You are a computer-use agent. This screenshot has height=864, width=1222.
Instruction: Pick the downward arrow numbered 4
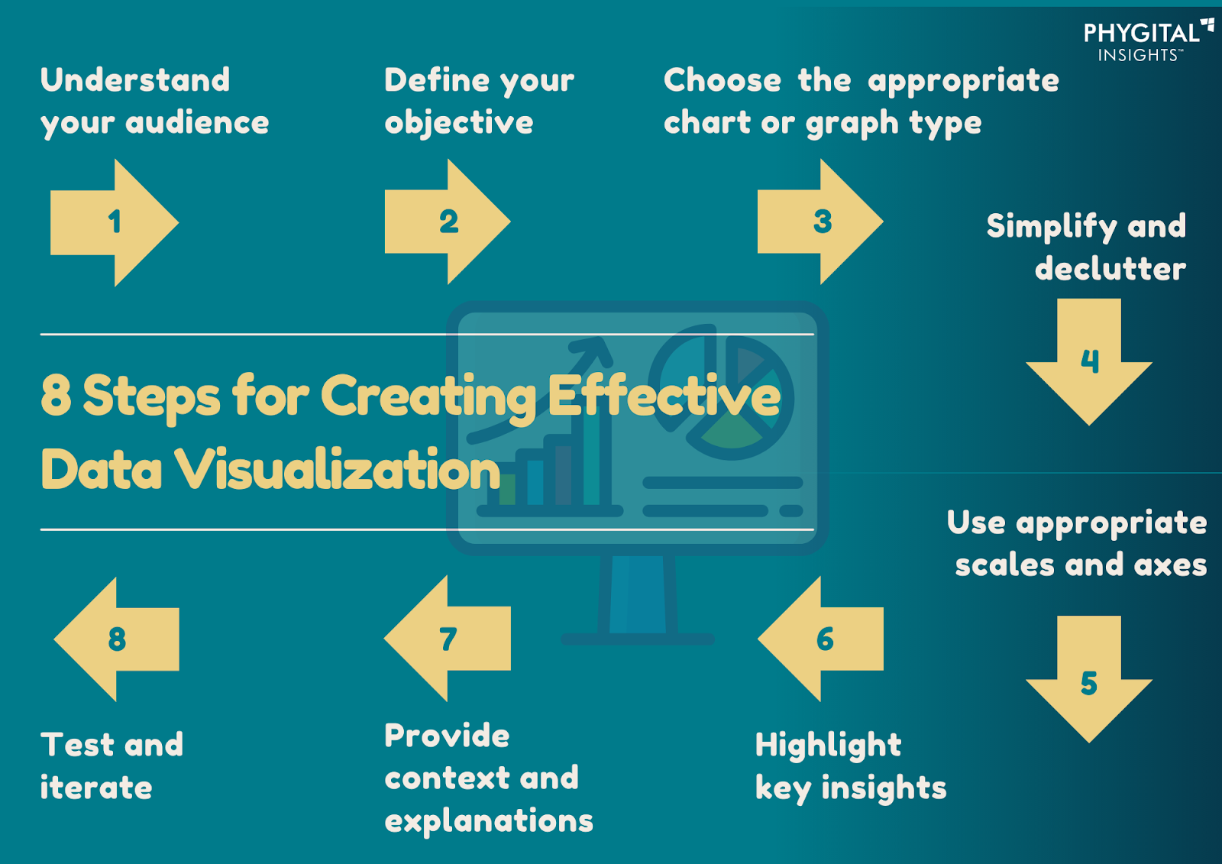(1089, 362)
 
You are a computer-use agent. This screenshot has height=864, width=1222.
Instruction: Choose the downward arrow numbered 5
(1089, 680)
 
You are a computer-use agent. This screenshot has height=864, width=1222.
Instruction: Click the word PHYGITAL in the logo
(1142, 34)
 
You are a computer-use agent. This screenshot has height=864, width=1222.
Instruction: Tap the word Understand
(135, 79)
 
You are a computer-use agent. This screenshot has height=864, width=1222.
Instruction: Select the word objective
(459, 123)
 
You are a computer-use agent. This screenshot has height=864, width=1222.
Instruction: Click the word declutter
(1110, 269)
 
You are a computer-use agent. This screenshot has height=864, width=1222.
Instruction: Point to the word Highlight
(828, 746)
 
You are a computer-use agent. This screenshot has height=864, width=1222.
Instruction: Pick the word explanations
(489, 822)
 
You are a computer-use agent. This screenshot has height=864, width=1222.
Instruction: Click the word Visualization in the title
(337, 468)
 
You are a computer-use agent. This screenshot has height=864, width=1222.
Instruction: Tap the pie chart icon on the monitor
(721, 392)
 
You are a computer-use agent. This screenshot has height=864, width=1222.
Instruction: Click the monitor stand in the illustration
(638, 600)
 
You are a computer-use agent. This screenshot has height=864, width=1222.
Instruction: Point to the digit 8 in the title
(57, 395)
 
